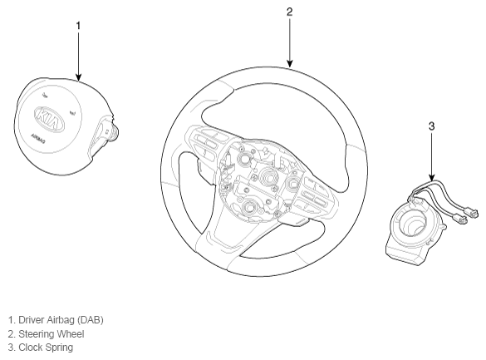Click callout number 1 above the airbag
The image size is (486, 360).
(x=78, y=26)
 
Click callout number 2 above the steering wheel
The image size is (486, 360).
(x=289, y=12)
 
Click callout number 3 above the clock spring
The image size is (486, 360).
(x=432, y=126)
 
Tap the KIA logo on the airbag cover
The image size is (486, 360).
(x=50, y=120)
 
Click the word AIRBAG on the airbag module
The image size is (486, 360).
(x=38, y=139)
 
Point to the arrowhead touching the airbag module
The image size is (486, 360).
(x=78, y=77)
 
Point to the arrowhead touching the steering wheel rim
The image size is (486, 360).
(x=289, y=63)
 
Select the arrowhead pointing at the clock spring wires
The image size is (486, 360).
(x=432, y=177)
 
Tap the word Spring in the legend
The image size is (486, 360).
(x=60, y=348)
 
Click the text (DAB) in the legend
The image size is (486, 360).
(x=91, y=320)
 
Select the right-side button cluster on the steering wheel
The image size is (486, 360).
(x=315, y=195)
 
